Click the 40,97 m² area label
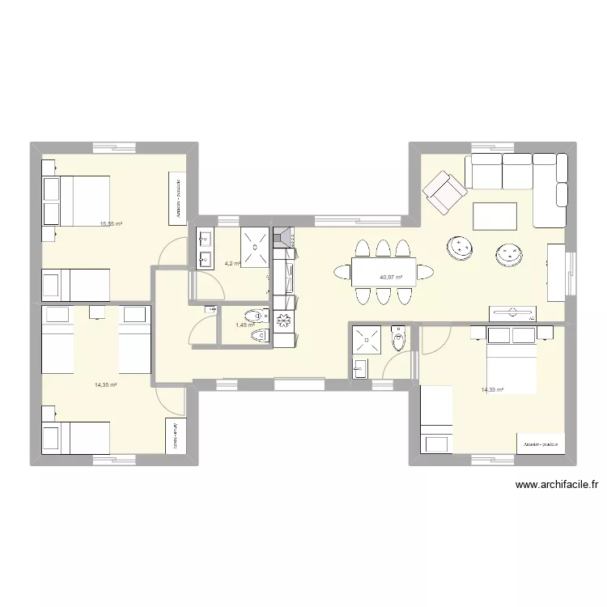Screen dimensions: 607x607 tap(391, 277)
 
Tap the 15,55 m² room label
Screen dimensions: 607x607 tap(111, 223)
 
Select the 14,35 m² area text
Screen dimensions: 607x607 tap(106, 385)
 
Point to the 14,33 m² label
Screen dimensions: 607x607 tap(492, 390)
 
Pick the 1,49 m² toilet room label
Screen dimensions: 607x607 tap(244, 325)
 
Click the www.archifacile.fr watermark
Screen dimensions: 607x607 tap(556, 486)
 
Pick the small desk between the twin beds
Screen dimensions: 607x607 tap(97, 312)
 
